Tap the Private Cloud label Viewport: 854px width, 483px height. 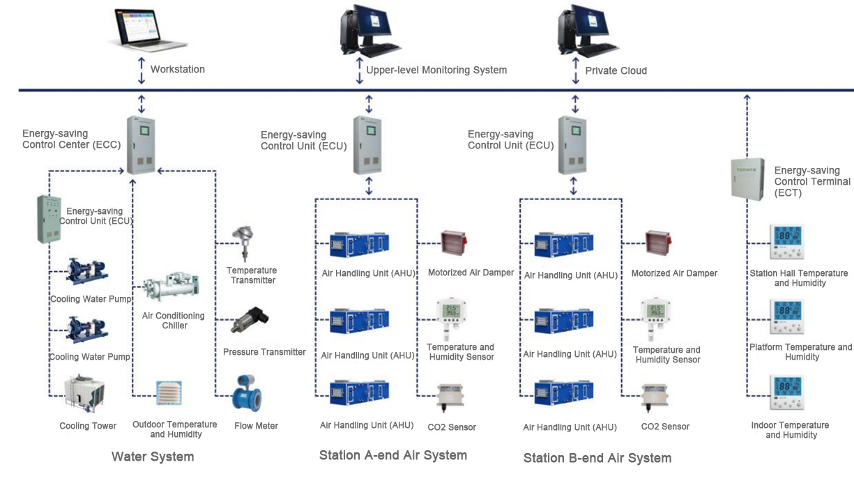(616, 70)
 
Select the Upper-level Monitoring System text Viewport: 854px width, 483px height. (436, 70)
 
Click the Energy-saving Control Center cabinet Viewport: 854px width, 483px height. (141, 146)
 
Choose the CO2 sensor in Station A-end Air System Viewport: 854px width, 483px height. (451, 398)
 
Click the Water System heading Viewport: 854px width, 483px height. (153, 457)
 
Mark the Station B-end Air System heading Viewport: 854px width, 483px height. (597, 458)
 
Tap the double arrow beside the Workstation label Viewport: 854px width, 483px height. (142, 70)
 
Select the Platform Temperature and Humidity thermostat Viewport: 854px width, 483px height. (786, 318)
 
